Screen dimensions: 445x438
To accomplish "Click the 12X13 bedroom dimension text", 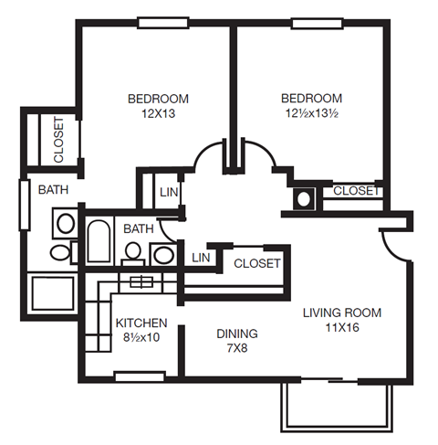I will coord(158,114).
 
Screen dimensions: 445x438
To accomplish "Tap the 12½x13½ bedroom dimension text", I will coord(311,114).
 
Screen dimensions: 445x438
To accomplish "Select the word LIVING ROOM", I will coord(342,313).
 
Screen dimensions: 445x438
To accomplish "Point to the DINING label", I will coord(237,334).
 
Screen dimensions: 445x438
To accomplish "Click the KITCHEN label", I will coord(141,323).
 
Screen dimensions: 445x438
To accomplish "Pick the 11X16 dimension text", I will coord(342,328).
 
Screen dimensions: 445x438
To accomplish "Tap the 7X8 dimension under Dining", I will coord(237,348).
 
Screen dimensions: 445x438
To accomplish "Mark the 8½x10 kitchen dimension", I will coord(141,337).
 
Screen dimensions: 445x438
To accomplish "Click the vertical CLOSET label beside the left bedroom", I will coord(58,140).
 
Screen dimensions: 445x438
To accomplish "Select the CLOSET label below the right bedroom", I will coord(355,191).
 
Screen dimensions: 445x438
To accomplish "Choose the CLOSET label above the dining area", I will coord(256,264).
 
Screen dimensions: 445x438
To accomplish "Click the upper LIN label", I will coord(169,193).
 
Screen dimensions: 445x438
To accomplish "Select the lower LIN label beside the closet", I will coord(202,259).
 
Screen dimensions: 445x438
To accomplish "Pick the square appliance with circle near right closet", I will coord(304,196).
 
